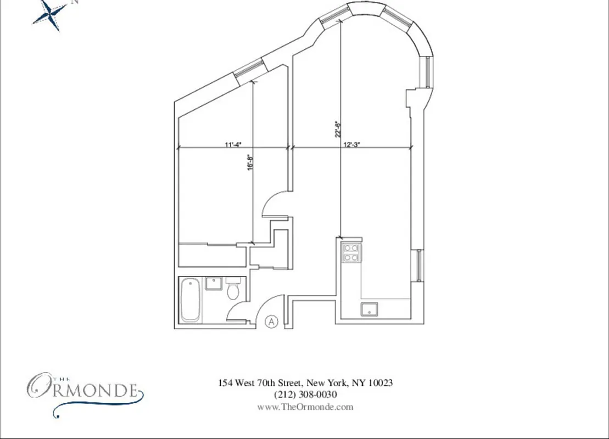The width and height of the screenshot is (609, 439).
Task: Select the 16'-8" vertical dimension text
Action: click(250, 162)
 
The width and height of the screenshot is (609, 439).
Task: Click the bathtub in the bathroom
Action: click(190, 300)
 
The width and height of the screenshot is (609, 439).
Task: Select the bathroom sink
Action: click(212, 284)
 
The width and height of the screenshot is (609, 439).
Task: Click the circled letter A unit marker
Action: click(271, 322)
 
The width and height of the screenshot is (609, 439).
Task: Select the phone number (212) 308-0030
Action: click(305, 395)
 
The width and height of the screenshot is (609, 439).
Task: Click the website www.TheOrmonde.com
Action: click(305, 407)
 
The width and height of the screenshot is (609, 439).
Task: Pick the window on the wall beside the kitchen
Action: click(419, 266)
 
